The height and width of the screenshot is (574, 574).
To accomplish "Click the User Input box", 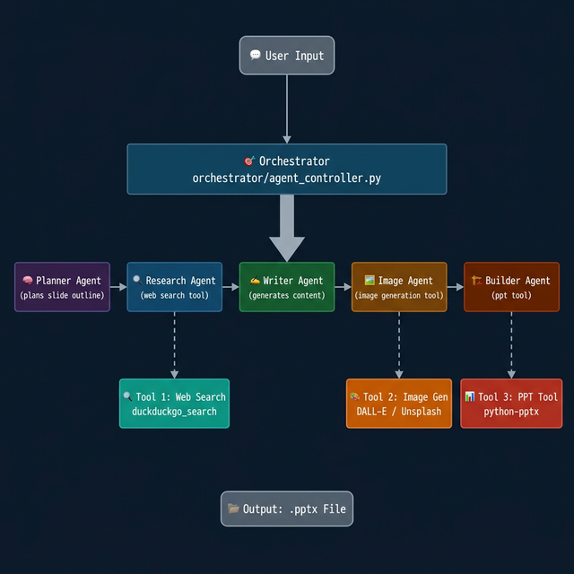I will pyautogui.click(x=287, y=56).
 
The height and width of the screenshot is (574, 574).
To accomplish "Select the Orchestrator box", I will pyautogui.click(x=287, y=169).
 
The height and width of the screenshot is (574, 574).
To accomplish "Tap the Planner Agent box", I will pyautogui.click(x=62, y=287).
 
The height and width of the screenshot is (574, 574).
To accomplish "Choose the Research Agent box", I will pyautogui.click(x=174, y=287).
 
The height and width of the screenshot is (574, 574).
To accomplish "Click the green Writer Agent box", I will pyautogui.click(x=287, y=287).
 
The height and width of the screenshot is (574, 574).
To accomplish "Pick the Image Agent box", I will pyautogui.click(x=399, y=287).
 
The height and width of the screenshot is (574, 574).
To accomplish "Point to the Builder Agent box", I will pyautogui.click(x=511, y=287).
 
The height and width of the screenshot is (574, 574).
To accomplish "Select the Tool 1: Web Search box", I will pyautogui.click(x=174, y=404).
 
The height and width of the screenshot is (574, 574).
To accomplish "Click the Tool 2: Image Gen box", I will pyautogui.click(x=399, y=404).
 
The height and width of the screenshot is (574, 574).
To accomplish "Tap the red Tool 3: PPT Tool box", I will pyautogui.click(x=511, y=404).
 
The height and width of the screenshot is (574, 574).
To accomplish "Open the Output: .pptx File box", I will pyautogui.click(x=287, y=509).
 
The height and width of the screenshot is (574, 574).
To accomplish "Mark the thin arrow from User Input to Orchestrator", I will pyautogui.click(x=287, y=108).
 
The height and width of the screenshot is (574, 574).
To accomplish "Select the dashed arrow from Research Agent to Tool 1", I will pyautogui.click(x=174, y=345).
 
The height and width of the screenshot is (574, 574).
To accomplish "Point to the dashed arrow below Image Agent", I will pyautogui.click(x=399, y=345).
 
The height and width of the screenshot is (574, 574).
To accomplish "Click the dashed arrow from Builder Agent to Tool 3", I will pyautogui.click(x=511, y=345).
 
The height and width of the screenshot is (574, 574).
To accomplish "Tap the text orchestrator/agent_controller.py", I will pyautogui.click(x=287, y=178).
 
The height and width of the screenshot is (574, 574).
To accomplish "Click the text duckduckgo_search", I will pyautogui.click(x=174, y=413).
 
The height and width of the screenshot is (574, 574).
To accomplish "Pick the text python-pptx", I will pyautogui.click(x=511, y=413).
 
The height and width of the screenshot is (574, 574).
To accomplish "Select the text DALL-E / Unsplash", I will pyautogui.click(x=399, y=413).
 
